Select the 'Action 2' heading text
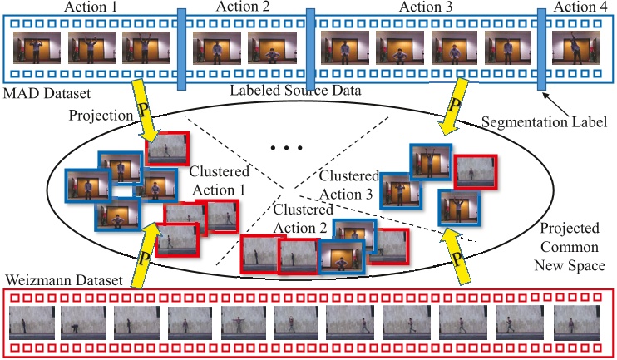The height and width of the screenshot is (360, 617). tap(243, 7)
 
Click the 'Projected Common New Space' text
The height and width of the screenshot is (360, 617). tap(570, 247)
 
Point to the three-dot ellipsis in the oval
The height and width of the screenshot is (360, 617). tap(284, 149)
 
